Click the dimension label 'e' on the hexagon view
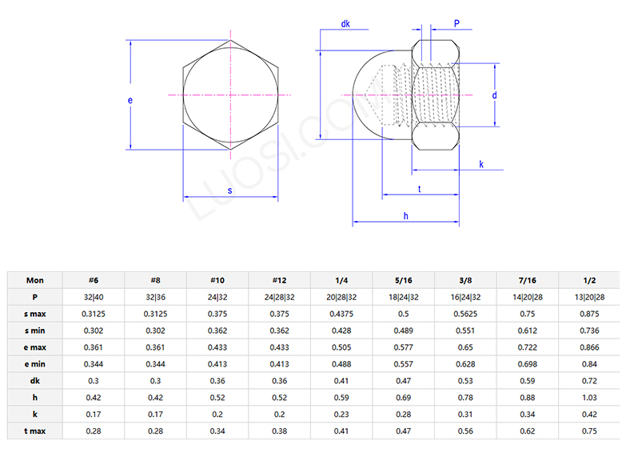pyautogui.click(x=130, y=100)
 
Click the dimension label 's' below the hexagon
pyautogui.click(x=230, y=190)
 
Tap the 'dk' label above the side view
pyautogui.click(x=345, y=25)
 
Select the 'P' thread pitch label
pyautogui.click(x=457, y=24)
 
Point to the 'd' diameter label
pyautogui.click(x=495, y=95)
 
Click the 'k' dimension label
pyautogui.click(x=481, y=164)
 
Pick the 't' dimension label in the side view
pyautogui.click(x=420, y=189)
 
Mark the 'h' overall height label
pyautogui.click(x=405, y=216)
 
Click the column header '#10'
pyautogui.click(x=217, y=280)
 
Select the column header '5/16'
pyautogui.click(x=403, y=280)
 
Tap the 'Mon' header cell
pyautogui.click(x=35, y=280)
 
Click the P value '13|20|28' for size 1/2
pyautogui.click(x=589, y=297)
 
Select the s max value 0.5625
pyautogui.click(x=465, y=314)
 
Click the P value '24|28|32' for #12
pyautogui.click(x=279, y=297)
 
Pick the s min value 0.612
pyautogui.click(x=527, y=331)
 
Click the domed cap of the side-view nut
pyautogui.click(x=369, y=96)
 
